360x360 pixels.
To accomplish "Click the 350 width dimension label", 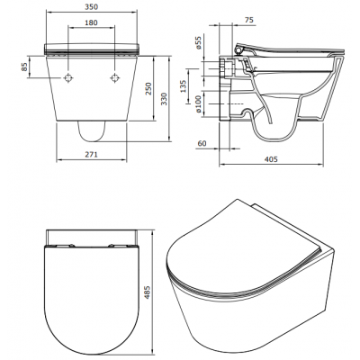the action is tap(91, 6).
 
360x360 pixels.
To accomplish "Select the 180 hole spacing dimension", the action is tap(91, 22).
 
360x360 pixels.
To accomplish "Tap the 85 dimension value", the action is tap(24, 67).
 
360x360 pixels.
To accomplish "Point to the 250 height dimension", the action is tap(149, 88).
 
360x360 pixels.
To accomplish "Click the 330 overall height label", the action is tap(164, 99).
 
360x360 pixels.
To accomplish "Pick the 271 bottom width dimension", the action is tap(92, 155).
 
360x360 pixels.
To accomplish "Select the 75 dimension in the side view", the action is tap(248, 20).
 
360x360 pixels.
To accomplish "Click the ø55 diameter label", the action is tap(198, 43).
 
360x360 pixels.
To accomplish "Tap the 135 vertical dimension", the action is tap(184, 86).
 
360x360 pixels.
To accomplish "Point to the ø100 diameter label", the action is tap(198, 103).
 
